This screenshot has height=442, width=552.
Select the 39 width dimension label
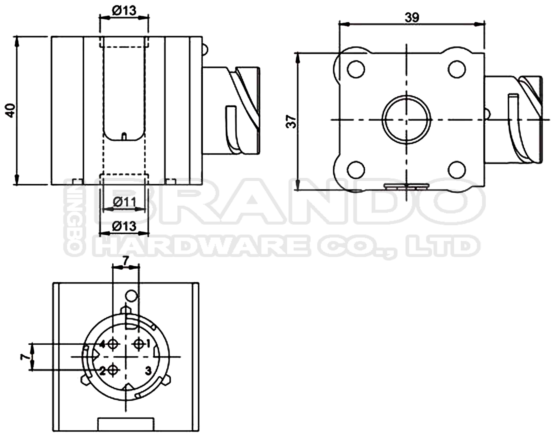412,17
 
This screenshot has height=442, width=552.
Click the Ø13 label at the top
124,11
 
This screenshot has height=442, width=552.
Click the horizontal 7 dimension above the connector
125,261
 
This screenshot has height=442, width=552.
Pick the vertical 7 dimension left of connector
24,357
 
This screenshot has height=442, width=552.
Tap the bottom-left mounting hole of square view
356,170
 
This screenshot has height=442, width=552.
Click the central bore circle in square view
406,119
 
